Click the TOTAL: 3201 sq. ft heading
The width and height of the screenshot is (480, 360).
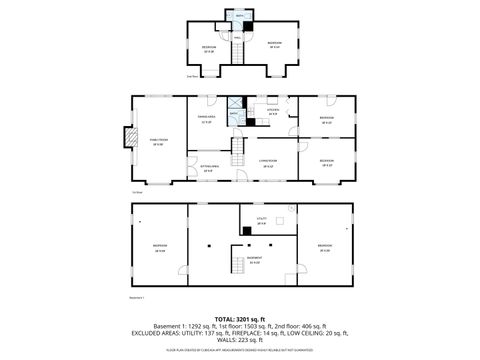(x=240, y=317)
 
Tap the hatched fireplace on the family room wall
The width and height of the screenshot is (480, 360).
(x=127, y=137)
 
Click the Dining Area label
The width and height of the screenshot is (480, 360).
(x=208, y=120)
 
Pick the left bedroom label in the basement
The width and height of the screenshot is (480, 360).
(x=159, y=247)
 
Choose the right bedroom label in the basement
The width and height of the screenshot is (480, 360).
(x=324, y=247)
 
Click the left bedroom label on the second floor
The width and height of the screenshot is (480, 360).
(x=208, y=49)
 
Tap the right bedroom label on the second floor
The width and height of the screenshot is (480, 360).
(x=274, y=43)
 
